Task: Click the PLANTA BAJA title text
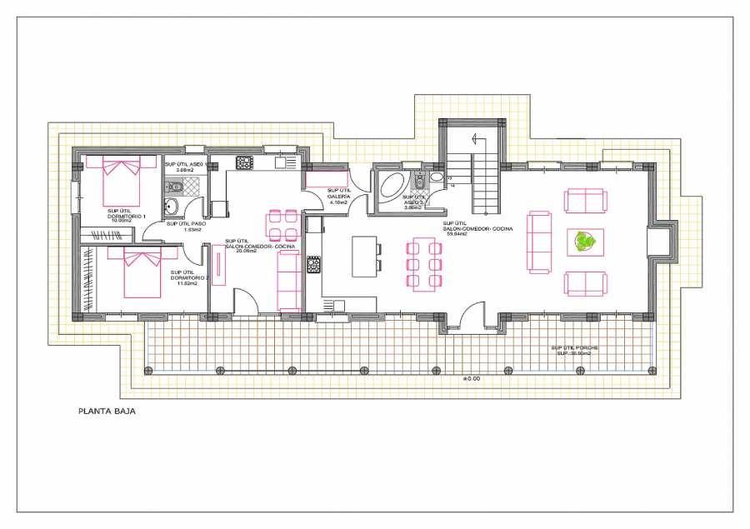pyautogui.click(x=106, y=411)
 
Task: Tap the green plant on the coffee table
pyautogui.click(x=587, y=242)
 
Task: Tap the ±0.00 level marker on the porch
pyautogui.click(x=472, y=379)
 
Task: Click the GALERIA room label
pyautogui.click(x=338, y=196)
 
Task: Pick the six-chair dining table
pyautogui.click(x=423, y=263)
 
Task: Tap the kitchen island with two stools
pyautogui.click(x=363, y=257)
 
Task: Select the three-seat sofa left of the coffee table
pyautogui.click(x=539, y=242)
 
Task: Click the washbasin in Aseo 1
pyautogui.click(x=172, y=207)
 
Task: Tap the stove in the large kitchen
pyautogui.click(x=314, y=265)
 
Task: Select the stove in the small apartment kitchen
pyautogui.click(x=244, y=162)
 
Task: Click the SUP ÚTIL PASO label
pyautogui.click(x=186, y=223)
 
